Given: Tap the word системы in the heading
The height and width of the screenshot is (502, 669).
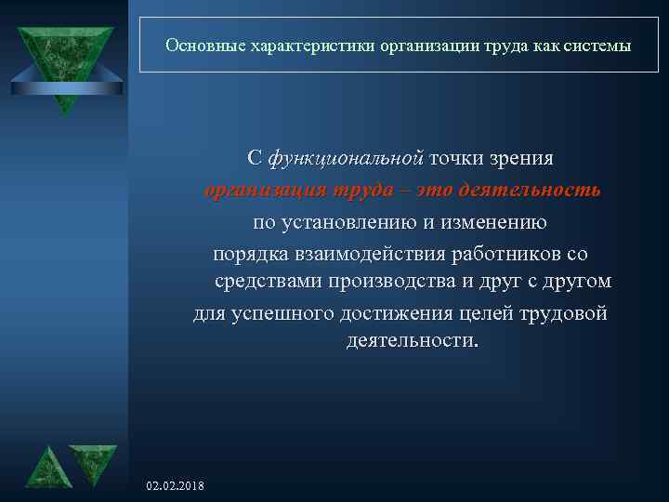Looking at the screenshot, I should point(600,45).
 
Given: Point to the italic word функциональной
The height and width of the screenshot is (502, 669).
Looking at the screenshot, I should point(346,158).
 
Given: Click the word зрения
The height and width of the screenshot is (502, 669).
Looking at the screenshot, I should point(520,158).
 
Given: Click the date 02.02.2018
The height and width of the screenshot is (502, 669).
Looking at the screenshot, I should point(177,486).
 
